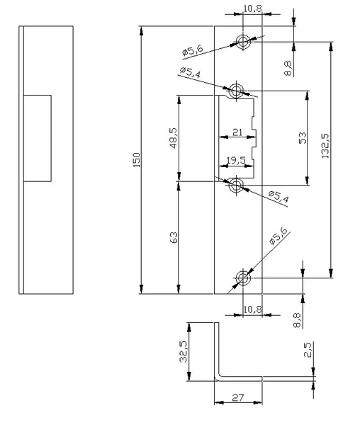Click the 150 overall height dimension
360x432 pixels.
[x=137, y=160]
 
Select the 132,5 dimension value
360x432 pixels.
[x=325, y=146]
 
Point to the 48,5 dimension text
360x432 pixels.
[x=174, y=138]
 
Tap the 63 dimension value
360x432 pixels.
[x=174, y=237]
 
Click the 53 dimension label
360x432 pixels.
[x=303, y=138]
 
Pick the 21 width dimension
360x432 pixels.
[x=237, y=132]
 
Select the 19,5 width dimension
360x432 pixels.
[x=236, y=160]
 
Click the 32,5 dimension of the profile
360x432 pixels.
[x=183, y=351]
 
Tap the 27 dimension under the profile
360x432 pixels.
[x=238, y=397]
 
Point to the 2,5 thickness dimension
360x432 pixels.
[x=307, y=350]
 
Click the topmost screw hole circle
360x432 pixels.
[x=243, y=42]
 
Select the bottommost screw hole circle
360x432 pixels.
[x=243, y=278]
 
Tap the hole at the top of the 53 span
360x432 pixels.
[x=236, y=91]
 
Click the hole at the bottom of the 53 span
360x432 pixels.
[x=236, y=185]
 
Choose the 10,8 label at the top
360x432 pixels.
[x=252, y=8]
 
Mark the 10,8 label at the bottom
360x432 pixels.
[x=252, y=309]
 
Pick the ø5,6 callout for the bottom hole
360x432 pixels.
[x=278, y=236]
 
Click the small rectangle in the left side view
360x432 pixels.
[x=38, y=138]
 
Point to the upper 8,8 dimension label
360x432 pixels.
[x=288, y=68]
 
